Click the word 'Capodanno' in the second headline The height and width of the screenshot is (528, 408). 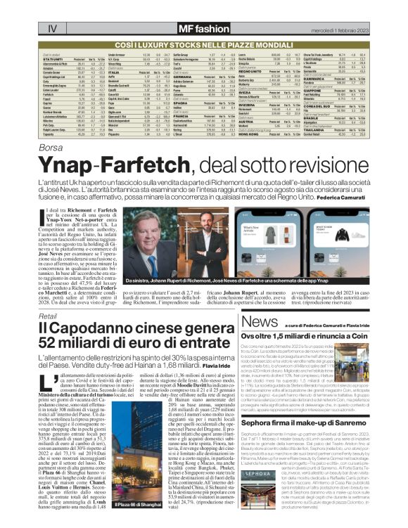coord(96,328)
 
